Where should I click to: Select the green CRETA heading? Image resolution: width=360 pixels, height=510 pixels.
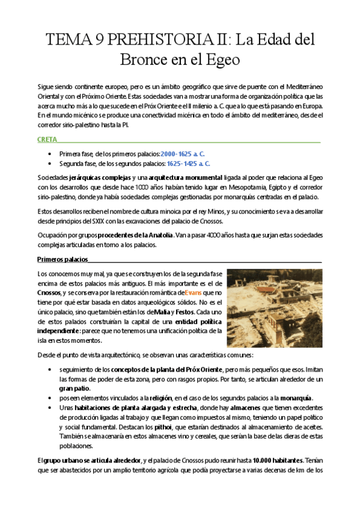coord(47,140)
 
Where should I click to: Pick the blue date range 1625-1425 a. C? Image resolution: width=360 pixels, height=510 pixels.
coord(188,163)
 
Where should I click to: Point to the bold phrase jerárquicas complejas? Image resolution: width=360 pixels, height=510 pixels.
coord(90,179)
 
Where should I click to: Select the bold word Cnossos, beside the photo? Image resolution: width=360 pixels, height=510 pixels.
coord(49,292)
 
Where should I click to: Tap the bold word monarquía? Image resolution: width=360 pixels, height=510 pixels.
coord(292,399)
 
